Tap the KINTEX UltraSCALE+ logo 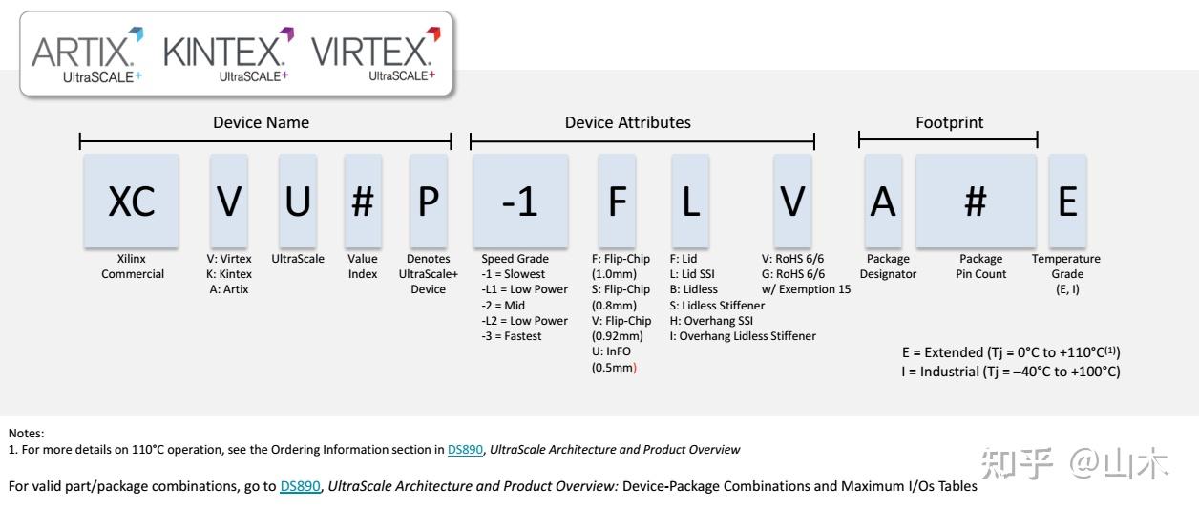[229, 56]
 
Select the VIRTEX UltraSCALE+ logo [375, 56]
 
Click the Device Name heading [261, 122]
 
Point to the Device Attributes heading [627, 122]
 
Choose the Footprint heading [949, 122]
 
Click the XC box [131, 202]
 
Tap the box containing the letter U [298, 202]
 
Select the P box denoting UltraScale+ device [428, 202]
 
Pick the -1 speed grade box [519, 202]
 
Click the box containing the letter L [689, 202]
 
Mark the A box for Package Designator [885, 202]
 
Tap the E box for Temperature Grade [1067, 202]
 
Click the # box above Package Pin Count [975, 202]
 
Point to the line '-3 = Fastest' [511, 336]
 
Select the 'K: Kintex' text [229, 274]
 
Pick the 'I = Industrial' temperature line [1010, 372]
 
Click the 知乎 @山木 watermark [1074, 465]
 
